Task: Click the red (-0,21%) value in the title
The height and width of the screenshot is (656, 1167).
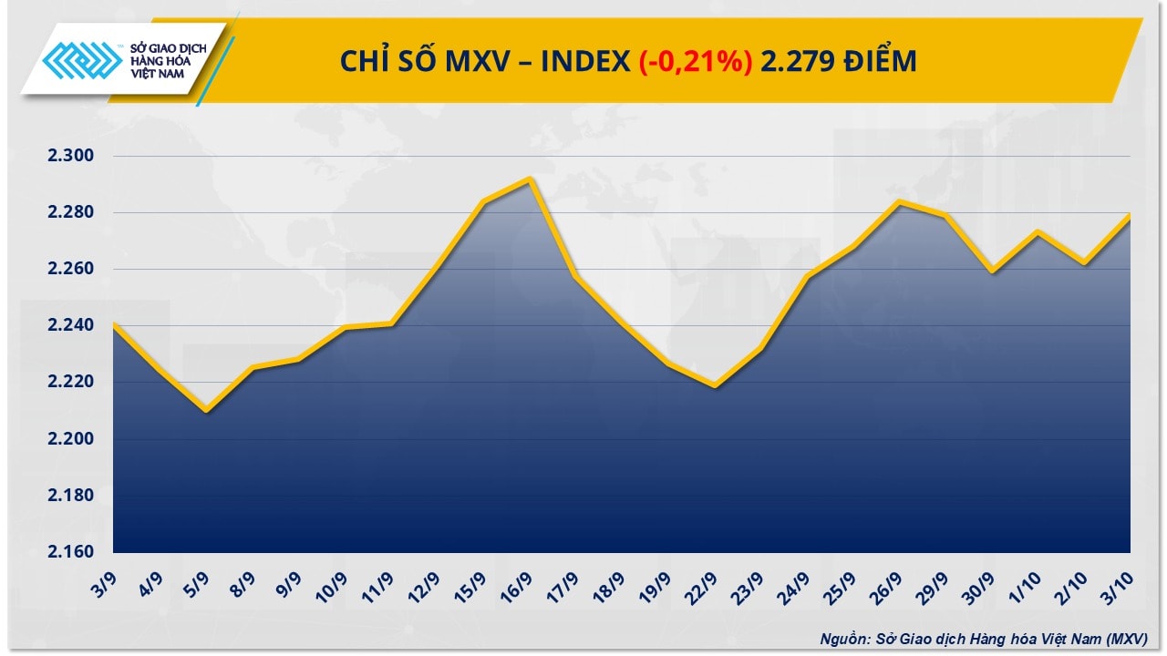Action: pyautogui.click(x=695, y=61)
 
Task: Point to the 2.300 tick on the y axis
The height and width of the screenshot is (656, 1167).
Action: pyautogui.click(x=71, y=156)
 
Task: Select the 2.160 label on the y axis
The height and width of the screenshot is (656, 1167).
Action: pyautogui.click(x=71, y=552)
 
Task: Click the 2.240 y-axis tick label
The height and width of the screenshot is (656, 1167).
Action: pyautogui.click(x=71, y=326)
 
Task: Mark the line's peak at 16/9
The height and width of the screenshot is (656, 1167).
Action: pyautogui.click(x=530, y=179)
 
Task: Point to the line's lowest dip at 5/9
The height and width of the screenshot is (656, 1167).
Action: pyautogui.click(x=206, y=411)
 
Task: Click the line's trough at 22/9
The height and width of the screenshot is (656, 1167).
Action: pyautogui.click(x=715, y=386)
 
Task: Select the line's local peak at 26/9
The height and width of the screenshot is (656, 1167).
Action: pyautogui.click(x=900, y=201)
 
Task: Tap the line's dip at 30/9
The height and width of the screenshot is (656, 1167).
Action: pyautogui.click(x=992, y=272)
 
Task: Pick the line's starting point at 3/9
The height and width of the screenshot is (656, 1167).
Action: pyautogui.click(x=114, y=323)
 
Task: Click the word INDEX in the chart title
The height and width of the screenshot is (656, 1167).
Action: pyautogui.click(x=584, y=61)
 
